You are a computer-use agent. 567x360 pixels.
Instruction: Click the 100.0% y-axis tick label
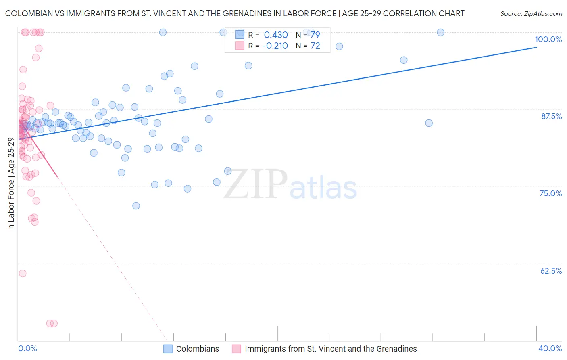pos(548,39)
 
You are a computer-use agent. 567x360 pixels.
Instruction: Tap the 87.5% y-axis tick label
pos(551,116)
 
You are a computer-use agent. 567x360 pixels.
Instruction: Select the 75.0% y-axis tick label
pos(550,193)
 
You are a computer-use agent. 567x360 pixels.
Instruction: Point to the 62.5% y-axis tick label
pos(551,271)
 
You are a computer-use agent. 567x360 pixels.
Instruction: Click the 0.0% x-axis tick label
pos(27,349)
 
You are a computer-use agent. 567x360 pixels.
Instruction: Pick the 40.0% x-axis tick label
pos(550,349)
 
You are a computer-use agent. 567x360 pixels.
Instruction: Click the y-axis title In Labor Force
pos(11,184)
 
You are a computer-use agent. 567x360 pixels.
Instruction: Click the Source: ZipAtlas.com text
pos(531,14)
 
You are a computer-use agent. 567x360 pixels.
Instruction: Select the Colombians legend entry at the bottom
pos(198,349)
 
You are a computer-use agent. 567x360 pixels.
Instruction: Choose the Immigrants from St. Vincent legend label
pos(331,349)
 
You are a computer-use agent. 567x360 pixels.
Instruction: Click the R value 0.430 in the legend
pos(276,35)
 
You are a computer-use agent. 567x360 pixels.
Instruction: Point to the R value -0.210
pos(275,46)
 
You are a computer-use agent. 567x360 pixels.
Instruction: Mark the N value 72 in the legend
pos(315,46)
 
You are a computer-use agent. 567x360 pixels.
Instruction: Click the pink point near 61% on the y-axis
pos(23,274)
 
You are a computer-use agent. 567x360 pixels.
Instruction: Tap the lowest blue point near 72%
pos(136,206)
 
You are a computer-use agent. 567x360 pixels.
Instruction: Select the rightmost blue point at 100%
pos(440,32)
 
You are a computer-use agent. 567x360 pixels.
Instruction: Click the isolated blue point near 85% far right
pos(429,123)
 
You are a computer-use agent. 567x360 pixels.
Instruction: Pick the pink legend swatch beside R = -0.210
pos(240,46)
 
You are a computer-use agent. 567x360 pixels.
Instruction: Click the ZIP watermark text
pos(255,184)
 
